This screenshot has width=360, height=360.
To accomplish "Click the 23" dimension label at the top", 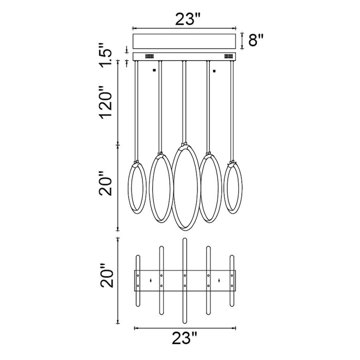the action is point(188,19).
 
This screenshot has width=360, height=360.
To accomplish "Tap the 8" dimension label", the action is point(256,40).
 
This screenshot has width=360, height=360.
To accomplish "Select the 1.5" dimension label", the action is point(105,55).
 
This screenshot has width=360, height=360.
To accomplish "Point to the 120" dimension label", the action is point(105,103).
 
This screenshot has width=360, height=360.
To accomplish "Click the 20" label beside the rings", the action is point(105,184).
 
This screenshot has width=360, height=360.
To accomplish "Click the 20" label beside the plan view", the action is point(107,275).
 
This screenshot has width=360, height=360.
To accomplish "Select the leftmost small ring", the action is point(129,188).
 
